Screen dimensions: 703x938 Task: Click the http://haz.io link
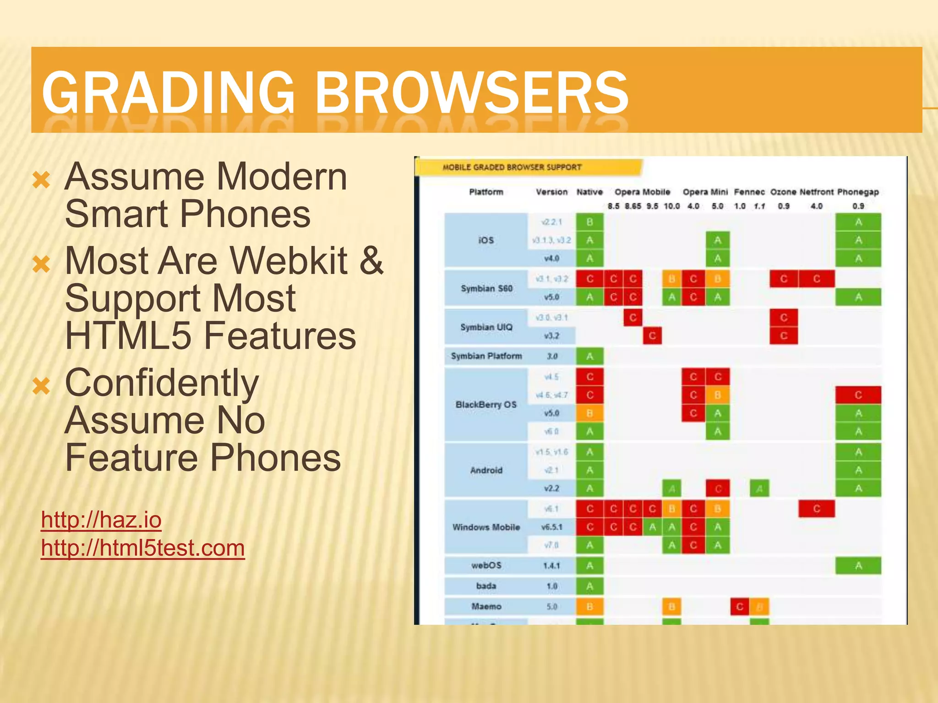click(x=101, y=520)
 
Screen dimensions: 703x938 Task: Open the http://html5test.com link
click(x=142, y=548)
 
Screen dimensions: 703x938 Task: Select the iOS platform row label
click(x=486, y=240)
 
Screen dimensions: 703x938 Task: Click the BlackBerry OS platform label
click(x=486, y=405)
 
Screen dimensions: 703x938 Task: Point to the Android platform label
click(x=486, y=470)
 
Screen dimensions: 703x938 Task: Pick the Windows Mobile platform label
click(x=486, y=527)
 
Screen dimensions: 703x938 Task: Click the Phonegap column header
click(x=858, y=192)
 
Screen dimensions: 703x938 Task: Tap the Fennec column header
click(x=749, y=192)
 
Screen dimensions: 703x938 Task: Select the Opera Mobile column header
click(x=642, y=192)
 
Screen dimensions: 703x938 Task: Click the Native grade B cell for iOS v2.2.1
click(x=589, y=222)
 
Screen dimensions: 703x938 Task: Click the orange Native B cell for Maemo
click(x=589, y=606)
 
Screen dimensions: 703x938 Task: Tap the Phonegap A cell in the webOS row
click(x=858, y=566)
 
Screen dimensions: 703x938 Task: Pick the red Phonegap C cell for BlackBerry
click(x=858, y=395)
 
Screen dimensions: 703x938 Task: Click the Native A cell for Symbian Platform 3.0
click(x=589, y=356)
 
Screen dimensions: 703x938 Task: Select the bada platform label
click(x=486, y=586)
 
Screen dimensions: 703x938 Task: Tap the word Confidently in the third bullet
click(x=162, y=383)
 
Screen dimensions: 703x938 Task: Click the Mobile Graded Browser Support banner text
click(x=512, y=168)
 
